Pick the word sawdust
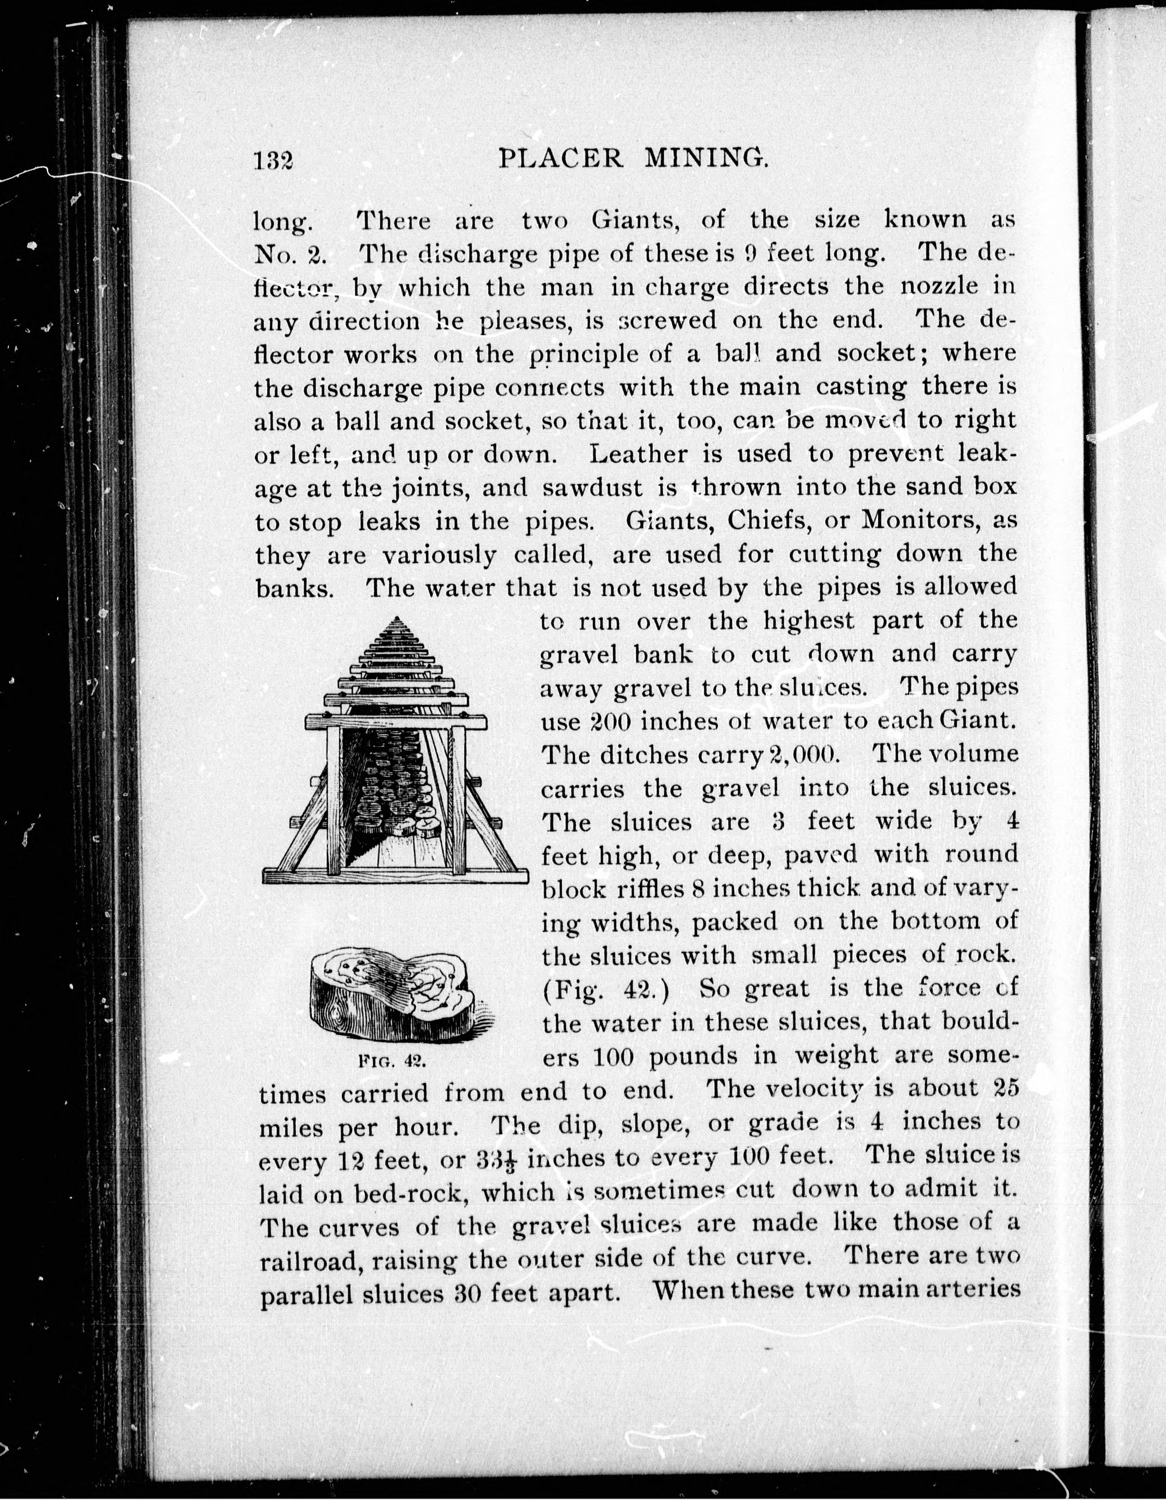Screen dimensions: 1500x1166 (x=592, y=487)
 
